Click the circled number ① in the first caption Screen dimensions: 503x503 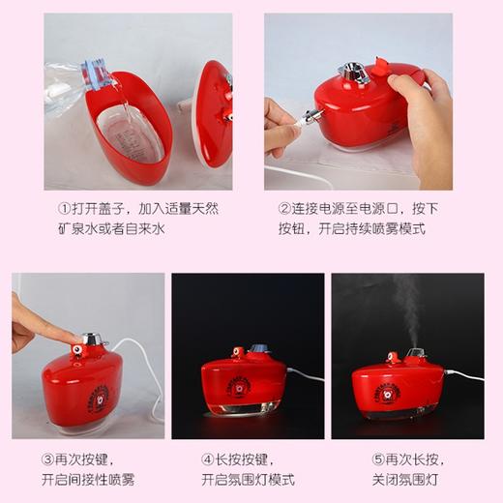[65, 208]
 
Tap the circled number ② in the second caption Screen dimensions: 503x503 [285, 208]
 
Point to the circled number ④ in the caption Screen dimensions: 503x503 [207, 458]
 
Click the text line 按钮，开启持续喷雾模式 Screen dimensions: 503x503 [338, 230]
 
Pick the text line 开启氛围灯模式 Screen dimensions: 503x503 [248, 480]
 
